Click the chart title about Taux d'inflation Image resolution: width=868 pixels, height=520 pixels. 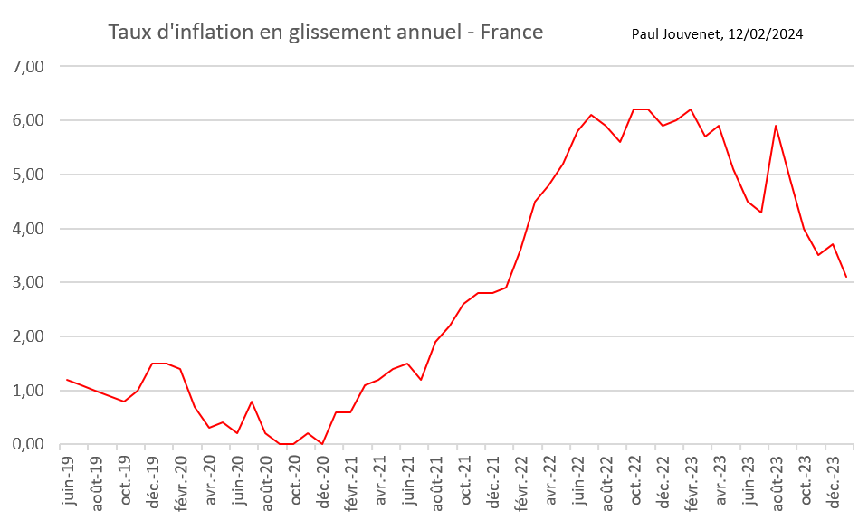325,33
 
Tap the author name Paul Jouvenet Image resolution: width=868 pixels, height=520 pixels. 678,34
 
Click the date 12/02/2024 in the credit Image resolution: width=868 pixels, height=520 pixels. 766,34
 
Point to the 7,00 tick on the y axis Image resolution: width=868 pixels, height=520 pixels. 26,67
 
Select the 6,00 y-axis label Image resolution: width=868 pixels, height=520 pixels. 26,120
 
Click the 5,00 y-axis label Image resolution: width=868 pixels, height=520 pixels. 26,175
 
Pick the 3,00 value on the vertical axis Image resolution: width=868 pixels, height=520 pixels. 26,282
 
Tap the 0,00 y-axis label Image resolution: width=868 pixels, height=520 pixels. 26,444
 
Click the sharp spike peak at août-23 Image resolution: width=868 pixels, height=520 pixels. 776,126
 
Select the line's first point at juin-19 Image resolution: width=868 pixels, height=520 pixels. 68,380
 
